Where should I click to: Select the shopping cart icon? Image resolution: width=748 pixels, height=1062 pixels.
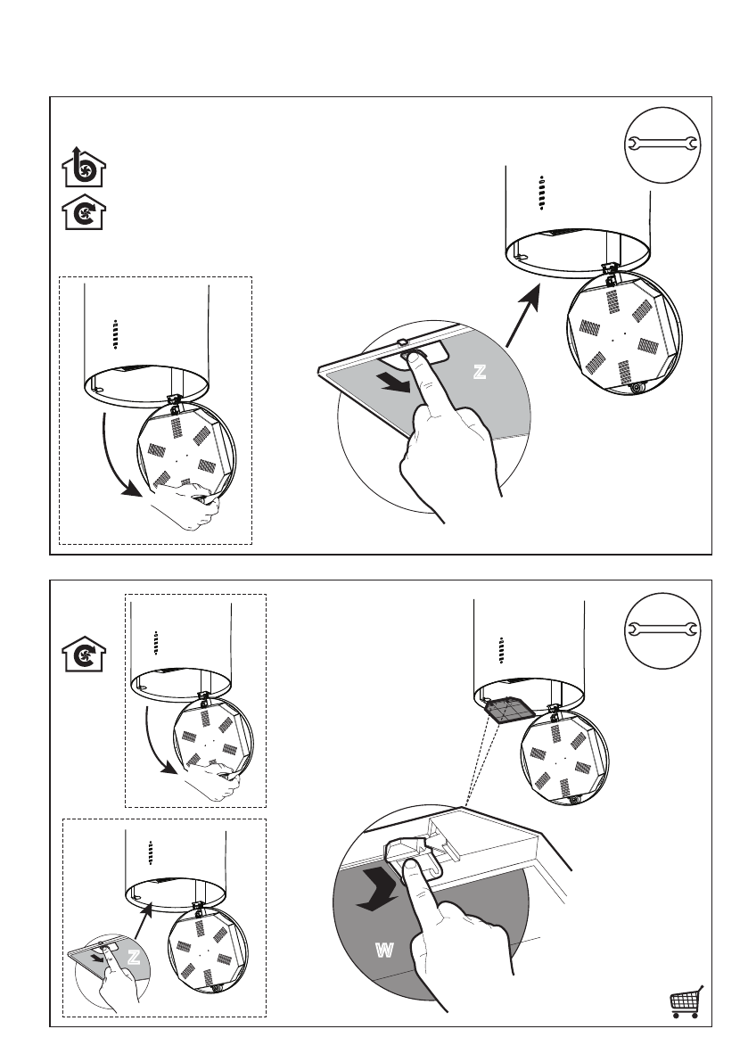686,1003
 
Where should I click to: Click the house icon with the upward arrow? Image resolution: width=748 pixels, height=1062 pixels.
83,167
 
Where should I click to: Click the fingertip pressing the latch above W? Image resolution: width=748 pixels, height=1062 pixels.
411,869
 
